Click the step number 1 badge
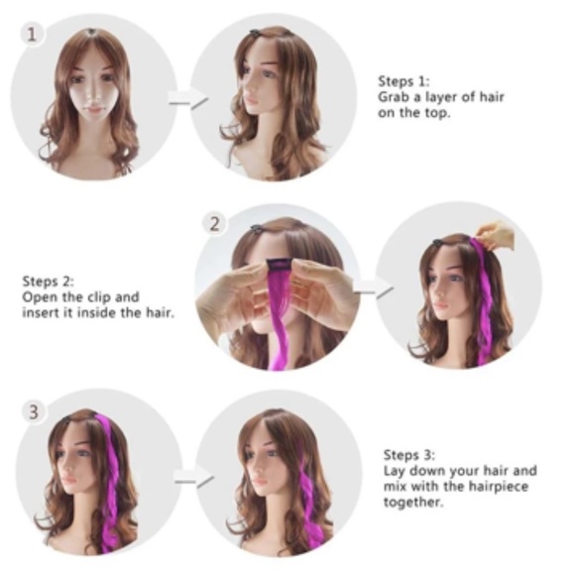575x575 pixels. click(x=35, y=34)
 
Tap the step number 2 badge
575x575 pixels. click(x=216, y=223)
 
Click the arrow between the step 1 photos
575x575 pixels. click(x=187, y=99)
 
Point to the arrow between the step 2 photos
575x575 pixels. click(x=373, y=289)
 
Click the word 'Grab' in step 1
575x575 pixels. click(x=393, y=98)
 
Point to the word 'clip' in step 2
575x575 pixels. click(x=103, y=297)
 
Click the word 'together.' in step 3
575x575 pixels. click(x=411, y=503)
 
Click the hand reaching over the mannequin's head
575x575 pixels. click(x=499, y=235)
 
